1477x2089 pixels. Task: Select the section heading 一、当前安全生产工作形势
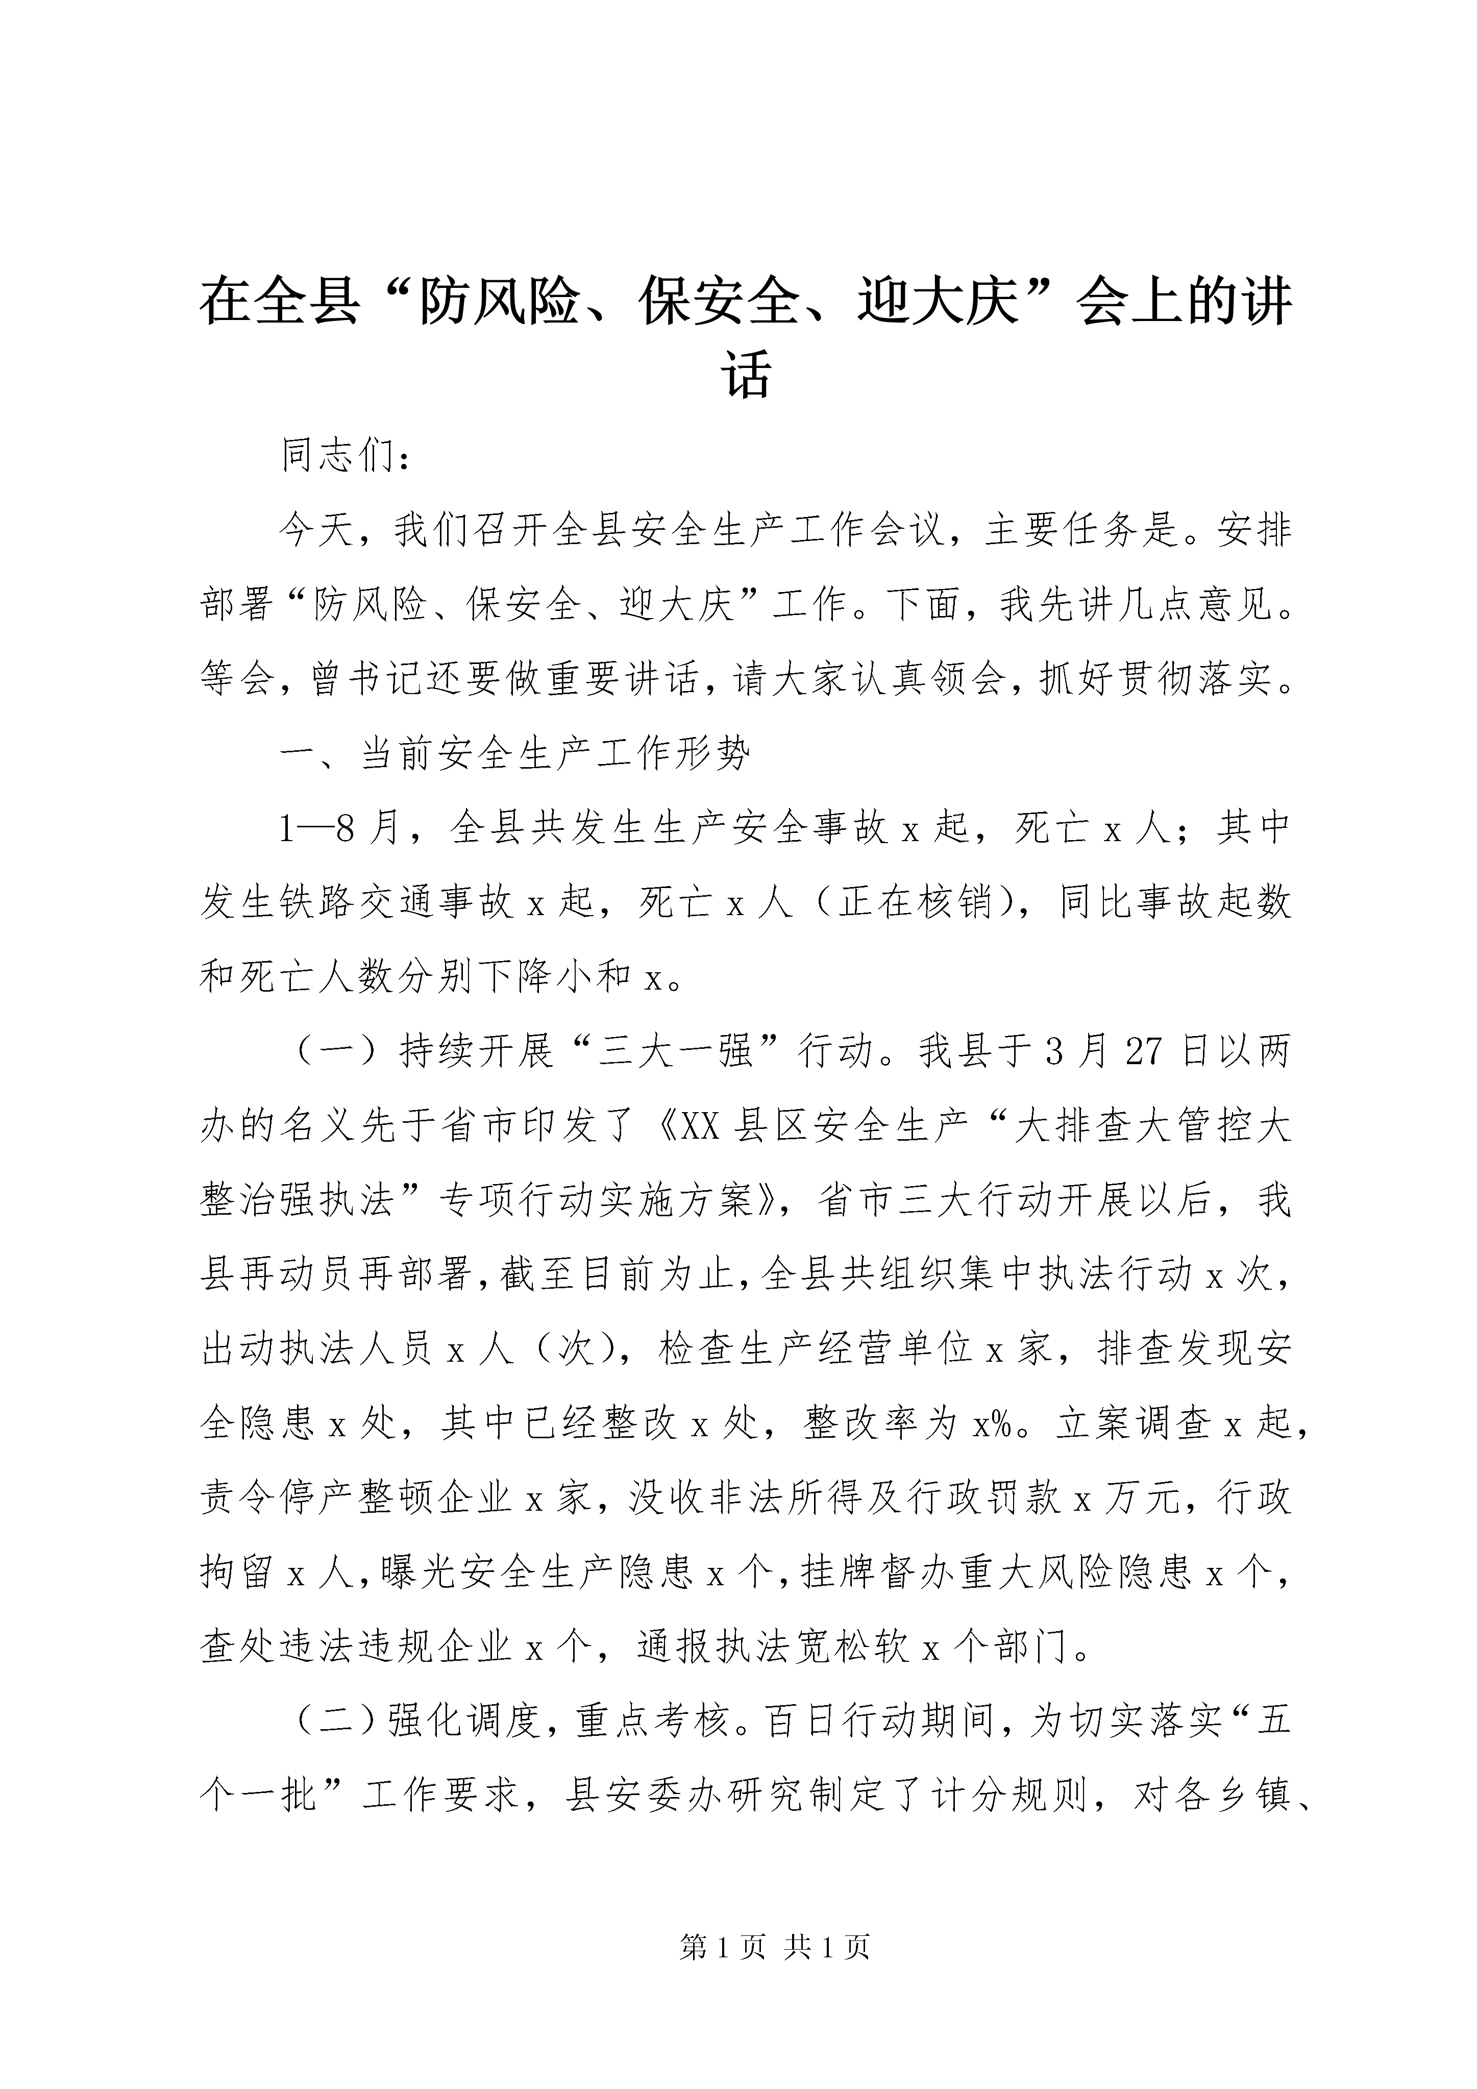516,754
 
